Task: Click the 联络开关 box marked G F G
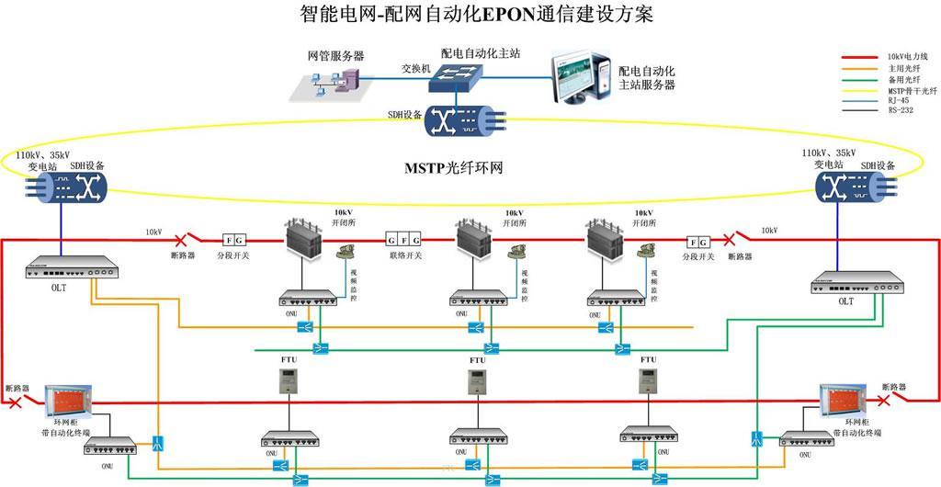[403, 241]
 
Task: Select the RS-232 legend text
[901, 110]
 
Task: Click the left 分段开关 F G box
[233, 241]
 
